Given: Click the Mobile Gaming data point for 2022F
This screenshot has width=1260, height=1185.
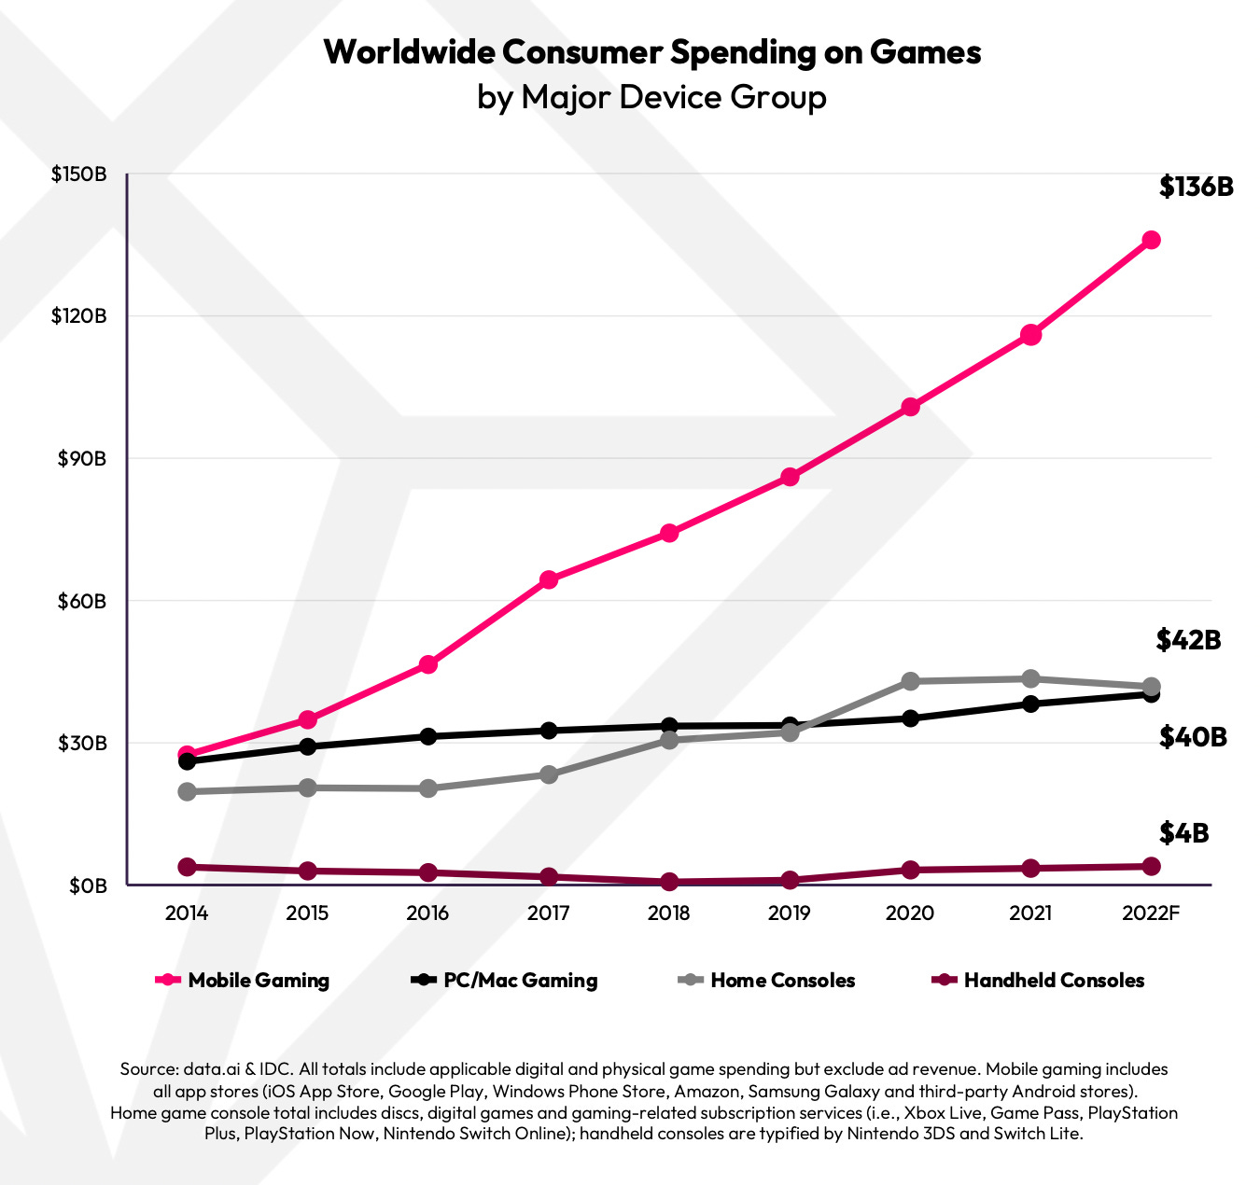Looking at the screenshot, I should [x=1151, y=240].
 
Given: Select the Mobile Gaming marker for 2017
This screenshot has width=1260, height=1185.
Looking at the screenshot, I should [x=549, y=579].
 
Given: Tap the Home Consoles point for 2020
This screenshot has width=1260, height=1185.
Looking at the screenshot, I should [x=910, y=681].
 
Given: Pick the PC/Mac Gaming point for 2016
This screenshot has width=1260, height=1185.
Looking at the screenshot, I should [x=428, y=736].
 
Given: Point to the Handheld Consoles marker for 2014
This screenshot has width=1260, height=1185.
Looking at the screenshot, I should [x=187, y=867].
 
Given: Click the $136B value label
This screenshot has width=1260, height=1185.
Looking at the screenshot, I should [x=1196, y=187].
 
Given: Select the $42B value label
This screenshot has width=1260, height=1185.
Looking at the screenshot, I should [x=1188, y=639].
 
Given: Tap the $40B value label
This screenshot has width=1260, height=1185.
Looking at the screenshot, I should [x=1192, y=737].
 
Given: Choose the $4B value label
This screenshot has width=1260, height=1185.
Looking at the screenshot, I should [x=1183, y=832].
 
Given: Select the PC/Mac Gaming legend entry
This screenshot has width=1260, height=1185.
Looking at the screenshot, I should [x=505, y=980].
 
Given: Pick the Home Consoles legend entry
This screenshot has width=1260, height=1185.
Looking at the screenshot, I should [x=767, y=980].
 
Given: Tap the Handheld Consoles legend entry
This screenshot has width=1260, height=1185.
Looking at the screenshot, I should [x=1039, y=980].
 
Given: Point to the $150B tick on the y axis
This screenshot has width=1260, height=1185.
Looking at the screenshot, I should [x=78, y=174].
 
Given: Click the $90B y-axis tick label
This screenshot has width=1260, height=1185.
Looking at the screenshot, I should [x=81, y=459].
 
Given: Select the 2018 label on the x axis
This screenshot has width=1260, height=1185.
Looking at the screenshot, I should [x=669, y=913].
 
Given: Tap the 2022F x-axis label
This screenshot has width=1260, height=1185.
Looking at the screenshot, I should [x=1151, y=913].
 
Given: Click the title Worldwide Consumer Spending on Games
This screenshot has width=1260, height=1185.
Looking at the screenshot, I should [x=651, y=51].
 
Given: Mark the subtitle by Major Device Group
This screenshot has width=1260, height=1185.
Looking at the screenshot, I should [x=651, y=97].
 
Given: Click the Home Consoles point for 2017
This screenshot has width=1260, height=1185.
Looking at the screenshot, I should [x=549, y=774].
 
